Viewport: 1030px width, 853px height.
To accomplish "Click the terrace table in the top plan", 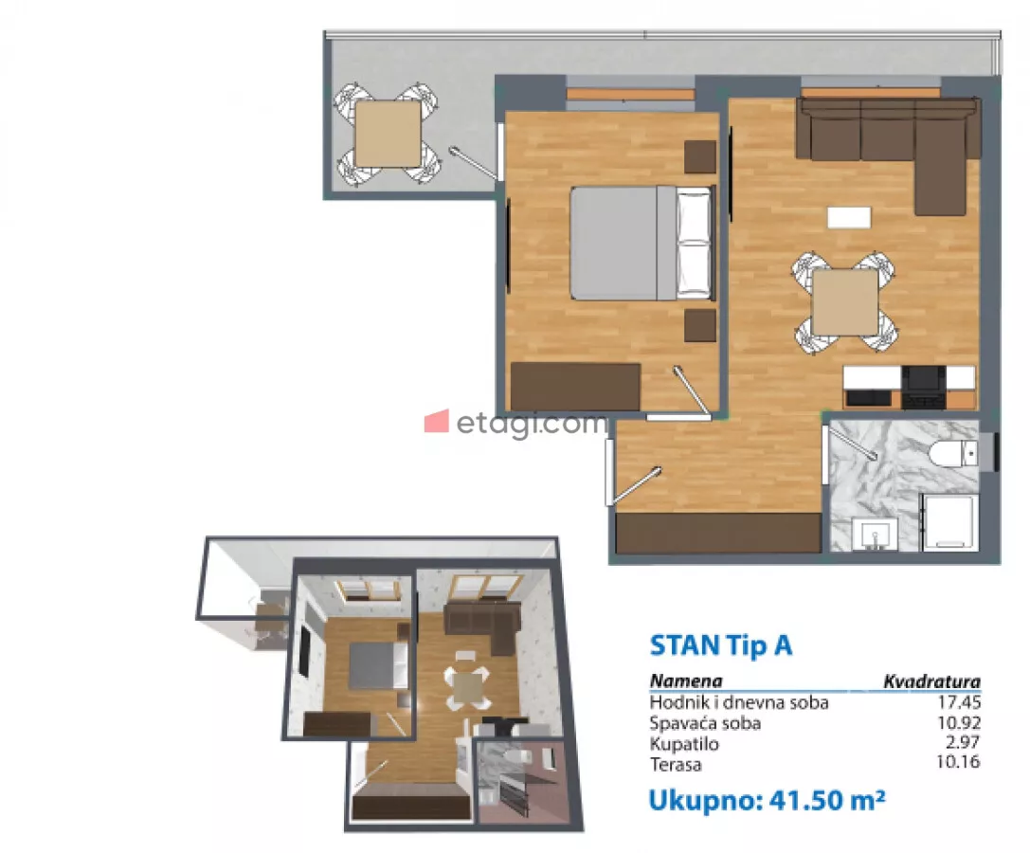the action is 388,134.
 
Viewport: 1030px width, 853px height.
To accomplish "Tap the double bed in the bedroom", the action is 641,244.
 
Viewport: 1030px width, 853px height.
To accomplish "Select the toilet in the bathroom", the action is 954,453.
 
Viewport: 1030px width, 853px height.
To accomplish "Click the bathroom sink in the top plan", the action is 875,534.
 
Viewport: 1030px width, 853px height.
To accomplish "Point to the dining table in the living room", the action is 845,302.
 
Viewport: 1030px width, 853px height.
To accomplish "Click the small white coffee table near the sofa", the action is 849,218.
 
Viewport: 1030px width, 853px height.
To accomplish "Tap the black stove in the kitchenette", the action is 924,387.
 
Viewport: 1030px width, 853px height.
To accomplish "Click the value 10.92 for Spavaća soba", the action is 958,723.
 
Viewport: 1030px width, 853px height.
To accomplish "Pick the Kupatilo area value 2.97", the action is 963,743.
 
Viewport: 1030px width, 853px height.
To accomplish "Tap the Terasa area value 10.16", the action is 958,762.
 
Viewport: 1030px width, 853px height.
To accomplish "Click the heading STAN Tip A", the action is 720,645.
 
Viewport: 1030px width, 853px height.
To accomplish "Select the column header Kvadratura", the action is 931,681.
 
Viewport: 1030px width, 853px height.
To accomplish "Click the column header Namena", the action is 686,681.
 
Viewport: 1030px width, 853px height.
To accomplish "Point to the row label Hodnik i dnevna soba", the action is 739,702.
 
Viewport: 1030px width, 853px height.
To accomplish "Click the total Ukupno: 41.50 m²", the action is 767,801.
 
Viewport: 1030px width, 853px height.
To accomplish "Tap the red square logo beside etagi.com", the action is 436,421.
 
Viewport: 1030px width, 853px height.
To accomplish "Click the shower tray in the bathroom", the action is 949,523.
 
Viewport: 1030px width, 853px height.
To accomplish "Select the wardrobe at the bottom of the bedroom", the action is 575,387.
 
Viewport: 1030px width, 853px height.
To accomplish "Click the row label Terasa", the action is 676,764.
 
